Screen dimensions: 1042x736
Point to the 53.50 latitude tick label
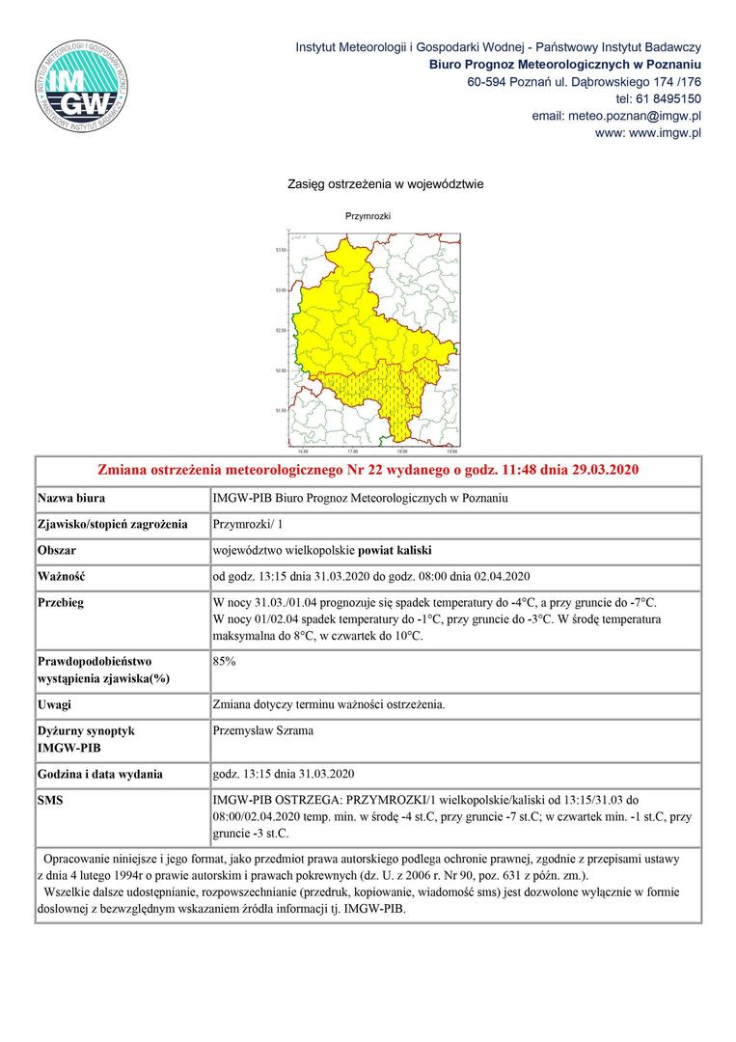coord(282,250)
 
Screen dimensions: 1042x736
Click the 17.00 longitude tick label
coord(352,451)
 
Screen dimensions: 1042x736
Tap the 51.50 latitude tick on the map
coord(282,411)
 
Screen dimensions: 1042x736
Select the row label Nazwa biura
coord(71,499)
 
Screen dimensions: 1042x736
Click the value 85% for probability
coord(224,662)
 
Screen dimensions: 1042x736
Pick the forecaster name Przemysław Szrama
coord(262,730)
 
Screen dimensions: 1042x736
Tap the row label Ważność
coord(62,577)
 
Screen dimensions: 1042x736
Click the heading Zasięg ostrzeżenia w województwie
coord(385,183)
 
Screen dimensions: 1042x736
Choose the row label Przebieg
coord(61,602)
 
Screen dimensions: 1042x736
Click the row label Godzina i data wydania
coord(100,774)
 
